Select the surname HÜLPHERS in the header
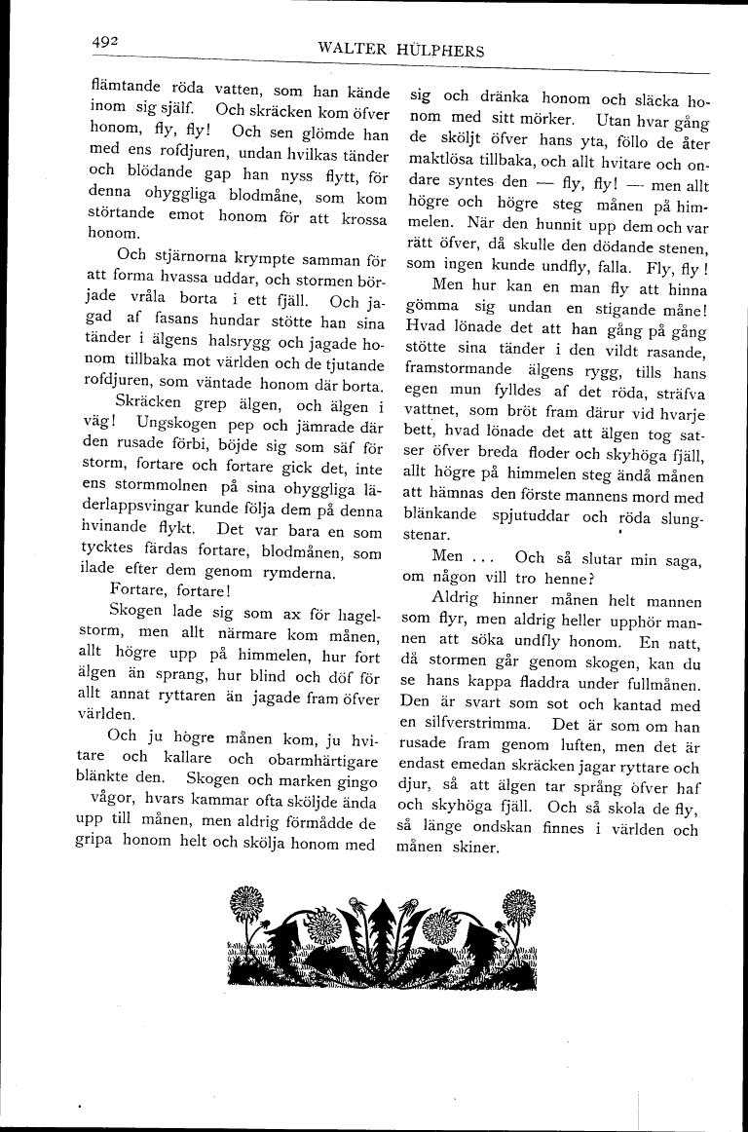coord(438,51)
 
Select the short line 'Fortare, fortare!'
coord(167,591)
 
